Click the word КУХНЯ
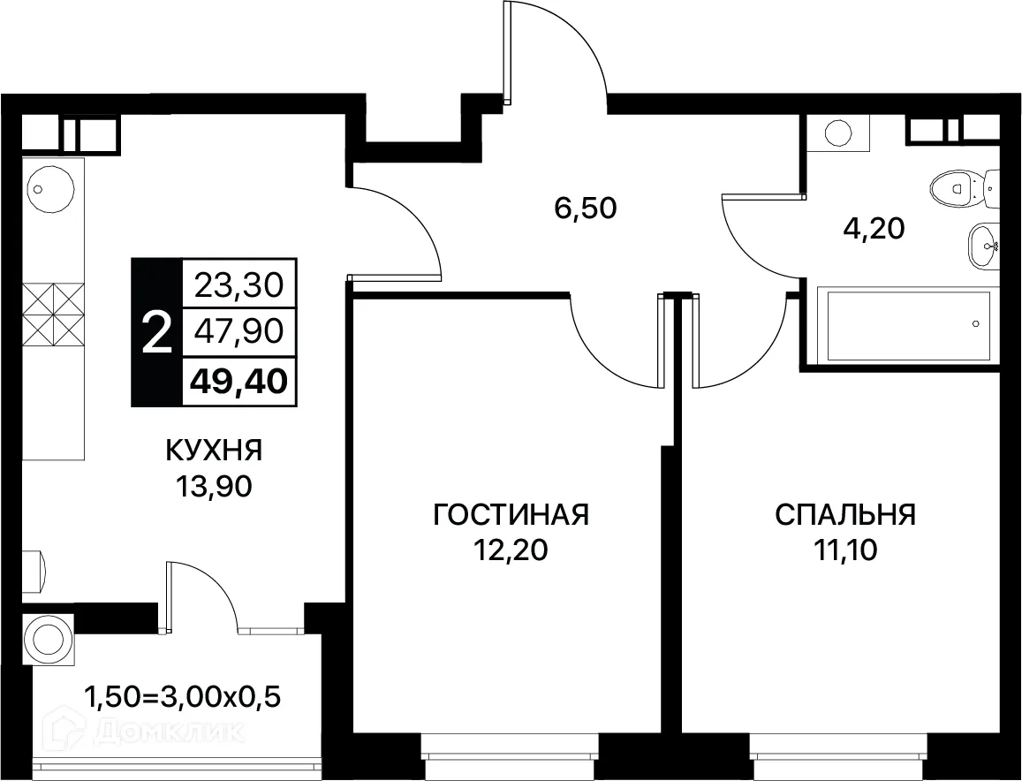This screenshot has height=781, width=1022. point(214,451)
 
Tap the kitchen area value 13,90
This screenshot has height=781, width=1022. point(214,487)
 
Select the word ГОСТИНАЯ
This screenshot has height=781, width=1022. point(511,514)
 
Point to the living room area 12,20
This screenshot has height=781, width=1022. point(511,550)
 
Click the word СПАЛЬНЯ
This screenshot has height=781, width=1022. point(845,514)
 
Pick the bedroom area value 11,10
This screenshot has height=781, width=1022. point(845,550)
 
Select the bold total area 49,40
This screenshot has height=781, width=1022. point(239,383)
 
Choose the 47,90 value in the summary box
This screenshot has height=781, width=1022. point(239,332)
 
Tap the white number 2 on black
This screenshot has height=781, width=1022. point(156,334)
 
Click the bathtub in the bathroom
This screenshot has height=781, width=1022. point(908,325)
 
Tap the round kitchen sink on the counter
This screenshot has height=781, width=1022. point(41,187)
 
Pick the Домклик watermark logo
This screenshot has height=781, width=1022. point(141,732)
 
